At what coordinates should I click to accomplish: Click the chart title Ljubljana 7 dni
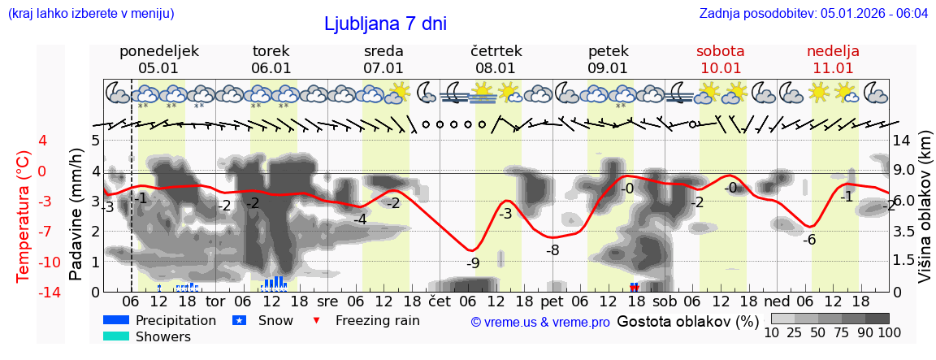click(x=385, y=24)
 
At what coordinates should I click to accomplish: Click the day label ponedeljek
click(x=158, y=51)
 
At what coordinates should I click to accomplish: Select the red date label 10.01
click(x=721, y=68)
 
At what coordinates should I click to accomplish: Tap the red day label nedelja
click(x=833, y=51)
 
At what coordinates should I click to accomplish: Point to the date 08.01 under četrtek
click(x=496, y=68)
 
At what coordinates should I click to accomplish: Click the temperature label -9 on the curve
click(x=473, y=263)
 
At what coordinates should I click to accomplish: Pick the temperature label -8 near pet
click(x=552, y=250)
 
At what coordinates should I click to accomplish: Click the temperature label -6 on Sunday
click(x=809, y=240)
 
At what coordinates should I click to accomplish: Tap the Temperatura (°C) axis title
click(x=24, y=215)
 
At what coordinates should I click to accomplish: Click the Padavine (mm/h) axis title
click(x=76, y=215)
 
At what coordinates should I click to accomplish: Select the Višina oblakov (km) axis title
click(x=925, y=215)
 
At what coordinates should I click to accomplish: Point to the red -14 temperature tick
click(x=28, y=293)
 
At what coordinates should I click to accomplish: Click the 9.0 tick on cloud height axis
click(x=903, y=171)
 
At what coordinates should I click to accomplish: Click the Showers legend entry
click(x=162, y=337)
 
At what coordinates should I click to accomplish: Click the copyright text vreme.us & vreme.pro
click(x=540, y=323)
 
